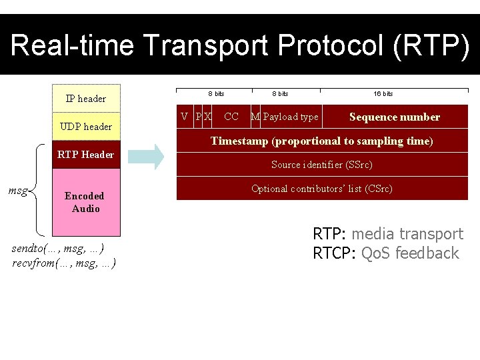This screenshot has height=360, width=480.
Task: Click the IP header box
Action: (86, 99)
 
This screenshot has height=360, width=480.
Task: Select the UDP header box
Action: (86, 127)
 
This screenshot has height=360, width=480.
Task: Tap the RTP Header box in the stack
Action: (86, 155)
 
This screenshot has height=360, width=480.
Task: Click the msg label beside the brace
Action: (18, 191)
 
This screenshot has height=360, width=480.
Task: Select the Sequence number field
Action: (394, 117)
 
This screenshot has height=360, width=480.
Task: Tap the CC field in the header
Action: (231, 117)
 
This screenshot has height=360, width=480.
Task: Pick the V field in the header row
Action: (185, 117)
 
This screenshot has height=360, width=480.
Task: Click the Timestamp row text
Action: (322, 141)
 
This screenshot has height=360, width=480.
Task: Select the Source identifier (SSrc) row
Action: (322, 165)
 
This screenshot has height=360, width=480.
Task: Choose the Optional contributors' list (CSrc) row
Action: (322, 189)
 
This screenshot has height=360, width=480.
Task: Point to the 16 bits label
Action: (383, 94)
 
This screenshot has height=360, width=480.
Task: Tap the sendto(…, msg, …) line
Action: (58, 249)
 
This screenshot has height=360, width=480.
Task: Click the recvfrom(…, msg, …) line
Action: (64, 263)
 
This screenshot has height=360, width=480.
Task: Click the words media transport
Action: (407, 234)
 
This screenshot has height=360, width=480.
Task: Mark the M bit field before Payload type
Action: (255, 117)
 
